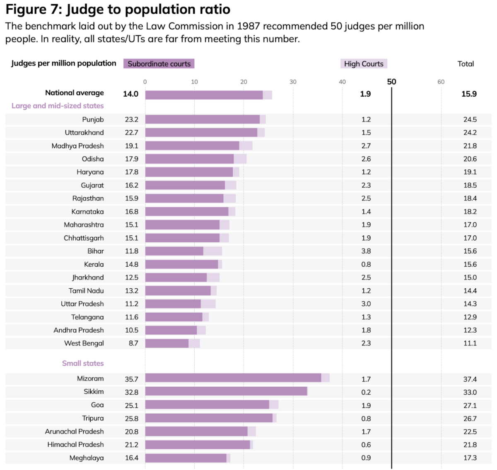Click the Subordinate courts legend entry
[159, 64]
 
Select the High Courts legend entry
[364, 64]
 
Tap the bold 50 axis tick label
[391, 82]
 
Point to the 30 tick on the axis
[293, 82]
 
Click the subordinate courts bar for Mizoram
[233, 378]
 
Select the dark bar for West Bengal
[167, 343]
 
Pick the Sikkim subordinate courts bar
[226, 391]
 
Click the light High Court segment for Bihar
[212, 251]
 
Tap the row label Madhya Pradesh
[77, 146]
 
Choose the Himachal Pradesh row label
[75, 445]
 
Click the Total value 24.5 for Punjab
[470, 119]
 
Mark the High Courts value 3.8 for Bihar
[366, 251]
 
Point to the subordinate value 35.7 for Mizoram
[132, 379]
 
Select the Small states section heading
[83, 363]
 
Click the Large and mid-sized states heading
[58, 106]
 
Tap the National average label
[75, 93]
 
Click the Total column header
[466, 64]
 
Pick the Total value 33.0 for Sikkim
[470, 392]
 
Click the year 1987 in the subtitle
[248, 26]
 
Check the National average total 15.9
[469, 94]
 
